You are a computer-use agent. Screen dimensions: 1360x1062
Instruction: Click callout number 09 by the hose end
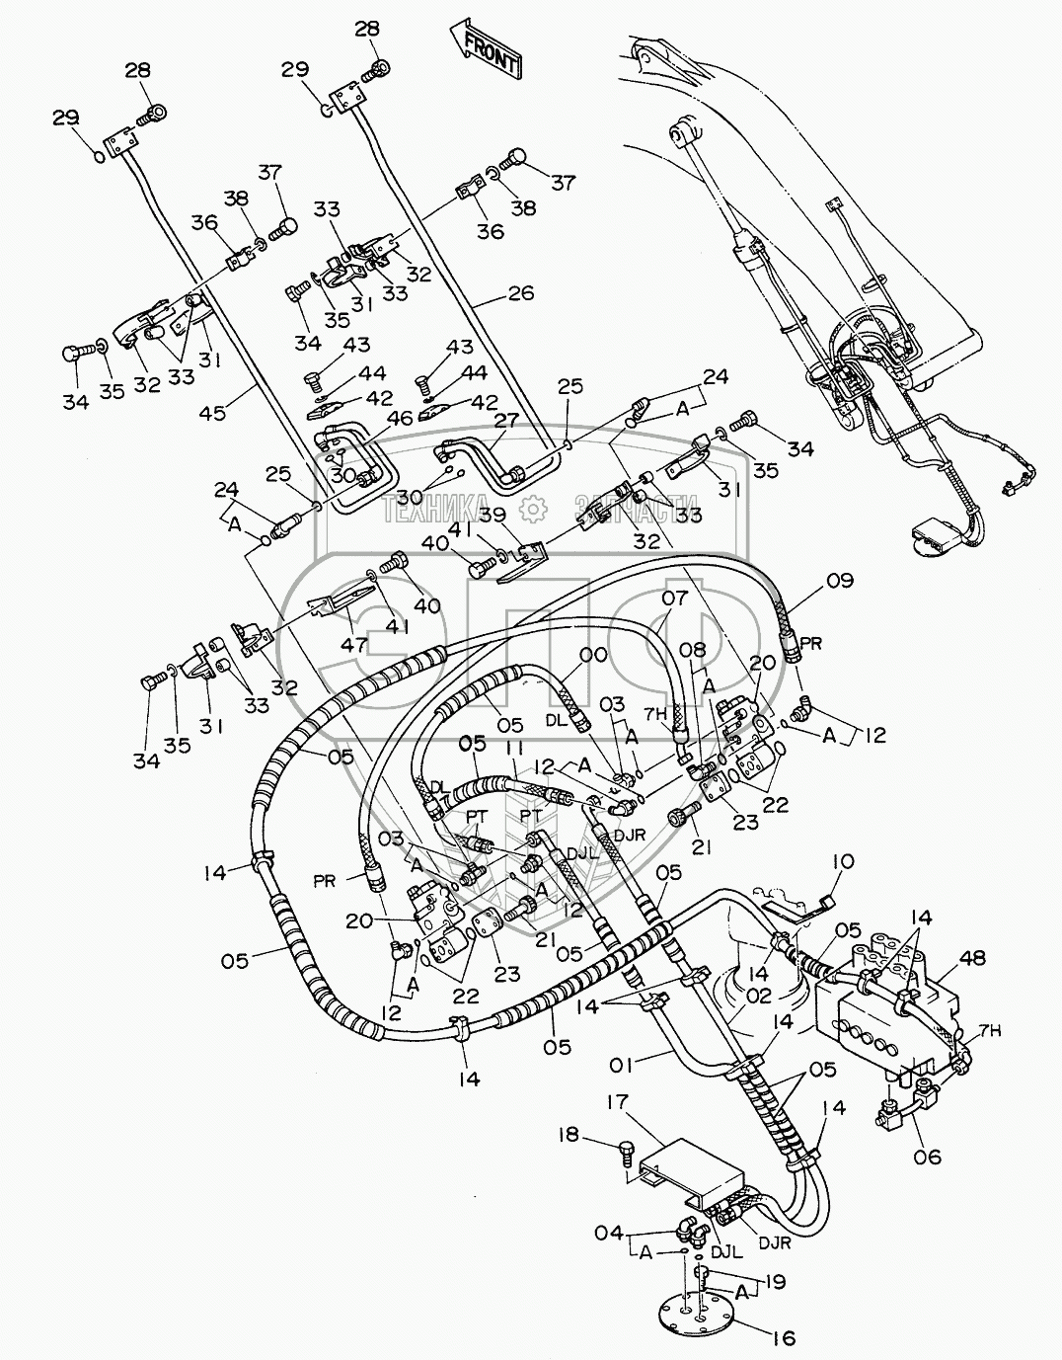[839, 581]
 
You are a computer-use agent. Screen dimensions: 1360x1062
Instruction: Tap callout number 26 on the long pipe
[521, 293]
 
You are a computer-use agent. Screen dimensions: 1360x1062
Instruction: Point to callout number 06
[929, 1157]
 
